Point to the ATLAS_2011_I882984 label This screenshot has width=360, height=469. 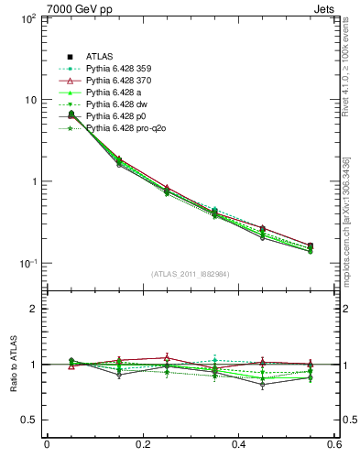pyautogui.click(x=191, y=274)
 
